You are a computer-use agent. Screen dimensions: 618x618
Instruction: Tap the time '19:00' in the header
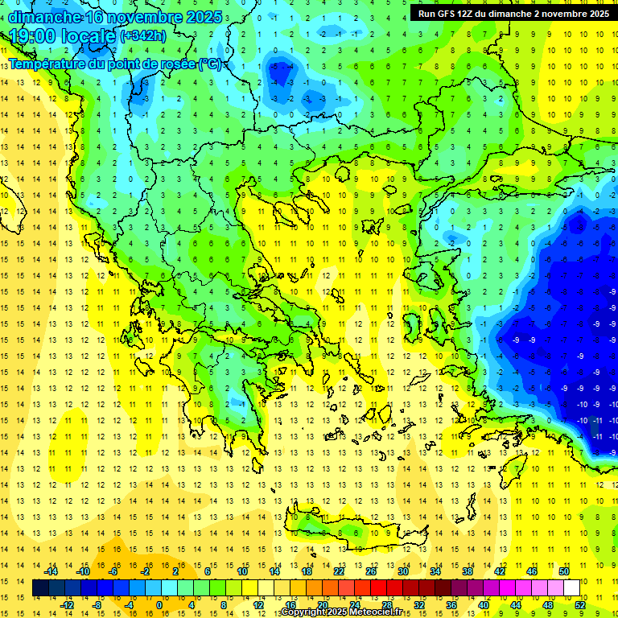pyautogui.click(x=34, y=36)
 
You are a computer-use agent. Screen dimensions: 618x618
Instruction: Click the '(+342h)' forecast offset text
pyautogui.click(x=143, y=36)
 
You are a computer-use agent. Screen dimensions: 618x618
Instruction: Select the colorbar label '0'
pyautogui.click(x=159, y=605)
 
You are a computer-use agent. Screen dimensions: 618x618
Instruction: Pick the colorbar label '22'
pyautogui.click(x=338, y=571)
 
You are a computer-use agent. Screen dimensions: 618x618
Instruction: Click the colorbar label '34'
pyautogui.click(x=435, y=571)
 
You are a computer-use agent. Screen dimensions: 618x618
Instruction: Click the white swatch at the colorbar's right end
pyautogui.click(x=571, y=588)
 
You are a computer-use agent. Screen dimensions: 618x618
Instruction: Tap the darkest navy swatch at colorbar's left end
pyautogui.click(x=41, y=588)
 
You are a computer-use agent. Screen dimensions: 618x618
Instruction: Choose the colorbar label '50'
pyautogui.click(x=563, y=571)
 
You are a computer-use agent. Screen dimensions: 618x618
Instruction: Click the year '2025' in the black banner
pyautogui.click(x=595, y=14)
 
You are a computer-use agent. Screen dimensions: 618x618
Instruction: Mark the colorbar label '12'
pyautogui.click(x=257, y=605)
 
